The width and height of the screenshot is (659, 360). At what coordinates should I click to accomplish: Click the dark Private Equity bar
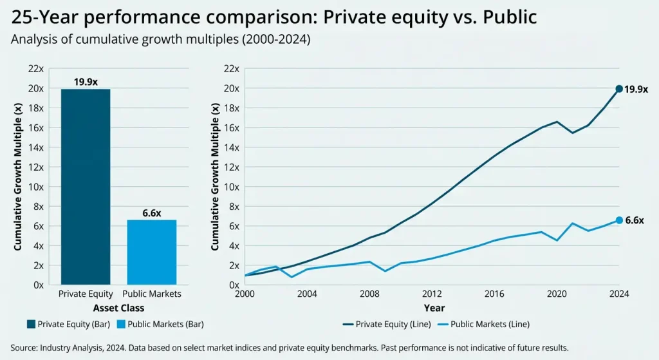coord(86,187)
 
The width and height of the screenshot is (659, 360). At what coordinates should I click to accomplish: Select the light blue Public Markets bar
coord(152,252)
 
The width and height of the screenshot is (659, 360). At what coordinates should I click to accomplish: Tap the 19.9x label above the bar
coord(86,82)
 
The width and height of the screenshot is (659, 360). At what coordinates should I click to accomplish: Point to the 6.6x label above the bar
coord(152,213)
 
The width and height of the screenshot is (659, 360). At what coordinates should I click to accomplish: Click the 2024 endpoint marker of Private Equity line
coord(619,89)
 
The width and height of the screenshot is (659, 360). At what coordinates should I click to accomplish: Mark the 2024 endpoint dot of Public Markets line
coord(619,220)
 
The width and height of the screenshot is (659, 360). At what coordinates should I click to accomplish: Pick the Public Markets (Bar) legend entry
coord(163,324)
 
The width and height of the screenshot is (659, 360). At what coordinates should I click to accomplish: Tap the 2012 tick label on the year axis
coord(432,294)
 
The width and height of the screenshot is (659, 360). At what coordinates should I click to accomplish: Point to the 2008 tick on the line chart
coord(369,294)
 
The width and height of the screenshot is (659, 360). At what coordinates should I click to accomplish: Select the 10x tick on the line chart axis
coord(232,187)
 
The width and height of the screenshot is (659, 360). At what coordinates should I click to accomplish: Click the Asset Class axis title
coord(119,308)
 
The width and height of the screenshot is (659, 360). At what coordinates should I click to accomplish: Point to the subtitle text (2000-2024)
coord(280,39)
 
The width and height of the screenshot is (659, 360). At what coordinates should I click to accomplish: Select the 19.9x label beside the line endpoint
coord(636,89)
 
